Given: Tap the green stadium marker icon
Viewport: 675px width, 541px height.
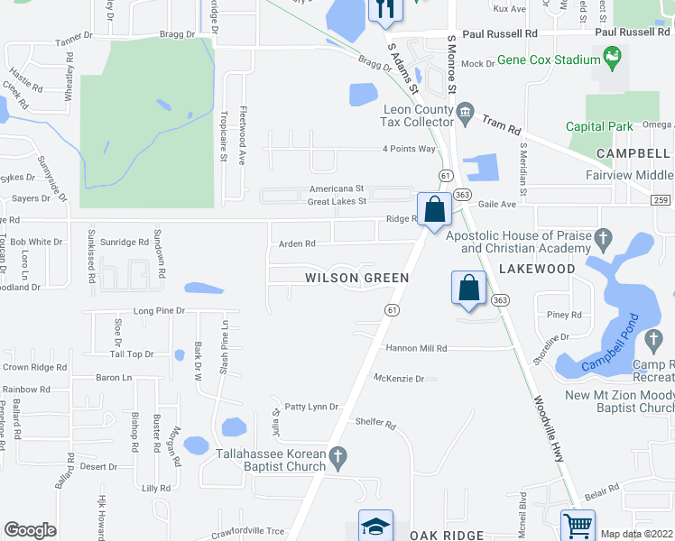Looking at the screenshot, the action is tap(614, 60).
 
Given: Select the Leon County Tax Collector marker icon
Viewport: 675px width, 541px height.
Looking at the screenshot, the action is tap(466, 115).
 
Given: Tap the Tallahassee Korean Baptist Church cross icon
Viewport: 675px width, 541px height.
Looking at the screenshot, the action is tap(337, 457).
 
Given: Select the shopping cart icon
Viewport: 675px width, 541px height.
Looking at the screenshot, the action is tap(578, 524).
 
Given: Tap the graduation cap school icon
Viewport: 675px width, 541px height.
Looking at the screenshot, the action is tap(375, 526).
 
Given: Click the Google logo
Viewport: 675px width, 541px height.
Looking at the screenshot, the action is tap(30, 530).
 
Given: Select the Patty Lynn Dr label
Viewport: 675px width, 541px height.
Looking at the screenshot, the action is tap(311, 407).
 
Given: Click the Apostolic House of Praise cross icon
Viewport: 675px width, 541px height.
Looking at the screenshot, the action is tap(606, 238).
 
